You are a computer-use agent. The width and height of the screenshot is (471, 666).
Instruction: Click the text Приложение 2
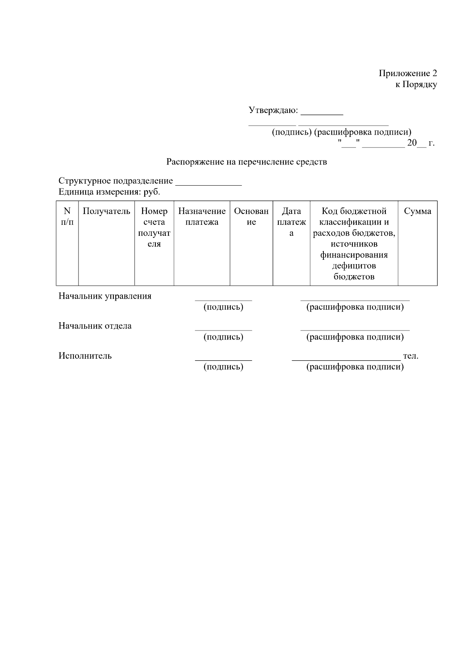point(407,73)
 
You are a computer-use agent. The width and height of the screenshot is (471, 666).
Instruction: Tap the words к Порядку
point(416,84)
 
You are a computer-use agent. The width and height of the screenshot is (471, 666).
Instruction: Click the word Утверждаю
point(273,110)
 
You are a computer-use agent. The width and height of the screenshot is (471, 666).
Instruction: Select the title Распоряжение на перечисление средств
point(246,162)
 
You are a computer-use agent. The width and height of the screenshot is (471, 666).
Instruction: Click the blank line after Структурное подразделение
point(208,182)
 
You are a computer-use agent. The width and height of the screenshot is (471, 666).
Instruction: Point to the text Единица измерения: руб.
point(109,192)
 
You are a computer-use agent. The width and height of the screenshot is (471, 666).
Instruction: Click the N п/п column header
point(67,217)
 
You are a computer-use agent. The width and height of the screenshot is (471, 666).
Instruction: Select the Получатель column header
point(106,211)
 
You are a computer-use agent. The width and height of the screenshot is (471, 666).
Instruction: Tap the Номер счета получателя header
point(154,227)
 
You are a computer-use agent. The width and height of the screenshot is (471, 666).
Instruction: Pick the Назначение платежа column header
point(202,217)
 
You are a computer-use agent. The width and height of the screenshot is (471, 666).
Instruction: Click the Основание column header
point(251,217)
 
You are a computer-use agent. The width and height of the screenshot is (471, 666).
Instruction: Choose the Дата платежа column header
point(291,222)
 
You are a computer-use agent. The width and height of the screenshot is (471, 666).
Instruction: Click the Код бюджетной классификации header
point(354,243)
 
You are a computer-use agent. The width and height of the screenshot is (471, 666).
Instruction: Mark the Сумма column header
point(417,211)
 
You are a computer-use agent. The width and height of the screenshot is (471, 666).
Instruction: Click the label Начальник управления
point(105,296)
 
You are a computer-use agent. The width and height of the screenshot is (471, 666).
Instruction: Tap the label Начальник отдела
point(95,326)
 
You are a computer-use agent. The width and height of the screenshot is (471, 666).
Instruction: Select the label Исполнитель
point(85,356)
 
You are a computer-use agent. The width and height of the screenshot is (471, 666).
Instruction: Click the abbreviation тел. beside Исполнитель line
point(411,356)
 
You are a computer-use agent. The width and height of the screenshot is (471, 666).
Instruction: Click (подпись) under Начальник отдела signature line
point(223,337)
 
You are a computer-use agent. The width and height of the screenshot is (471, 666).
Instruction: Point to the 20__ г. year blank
point(420,143)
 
